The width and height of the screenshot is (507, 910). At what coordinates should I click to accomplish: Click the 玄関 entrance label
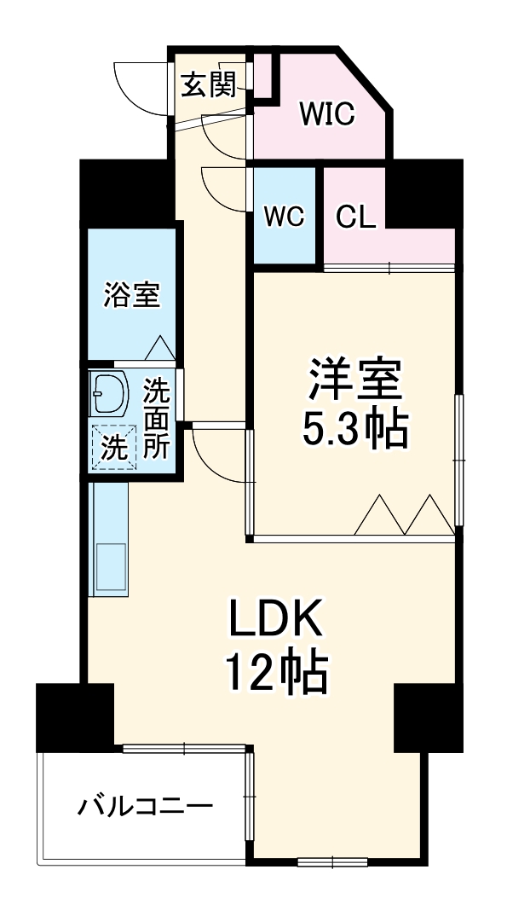(x=209, y=85)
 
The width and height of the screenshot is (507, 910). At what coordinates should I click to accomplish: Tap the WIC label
(x=326, y=114)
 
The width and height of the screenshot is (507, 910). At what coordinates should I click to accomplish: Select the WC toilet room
(x=284, y=217)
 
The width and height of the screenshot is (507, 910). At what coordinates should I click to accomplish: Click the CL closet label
(x=354, y=217)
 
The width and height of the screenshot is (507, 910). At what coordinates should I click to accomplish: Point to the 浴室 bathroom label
(x=131, y=295)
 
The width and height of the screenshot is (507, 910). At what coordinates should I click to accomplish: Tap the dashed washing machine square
(x=112, y=445)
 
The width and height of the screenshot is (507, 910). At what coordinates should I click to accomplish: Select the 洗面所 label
(x=156, y=419)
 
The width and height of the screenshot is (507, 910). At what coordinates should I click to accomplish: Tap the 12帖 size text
(x=275, y=675)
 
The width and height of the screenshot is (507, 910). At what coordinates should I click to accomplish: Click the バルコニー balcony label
(x=146, y=804)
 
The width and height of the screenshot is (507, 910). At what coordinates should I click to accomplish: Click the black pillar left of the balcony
(x=75, y=716)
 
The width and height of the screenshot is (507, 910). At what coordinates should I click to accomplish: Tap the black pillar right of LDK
(x=429, y=716)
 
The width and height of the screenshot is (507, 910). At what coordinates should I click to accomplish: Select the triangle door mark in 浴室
(x=159, y=347)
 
